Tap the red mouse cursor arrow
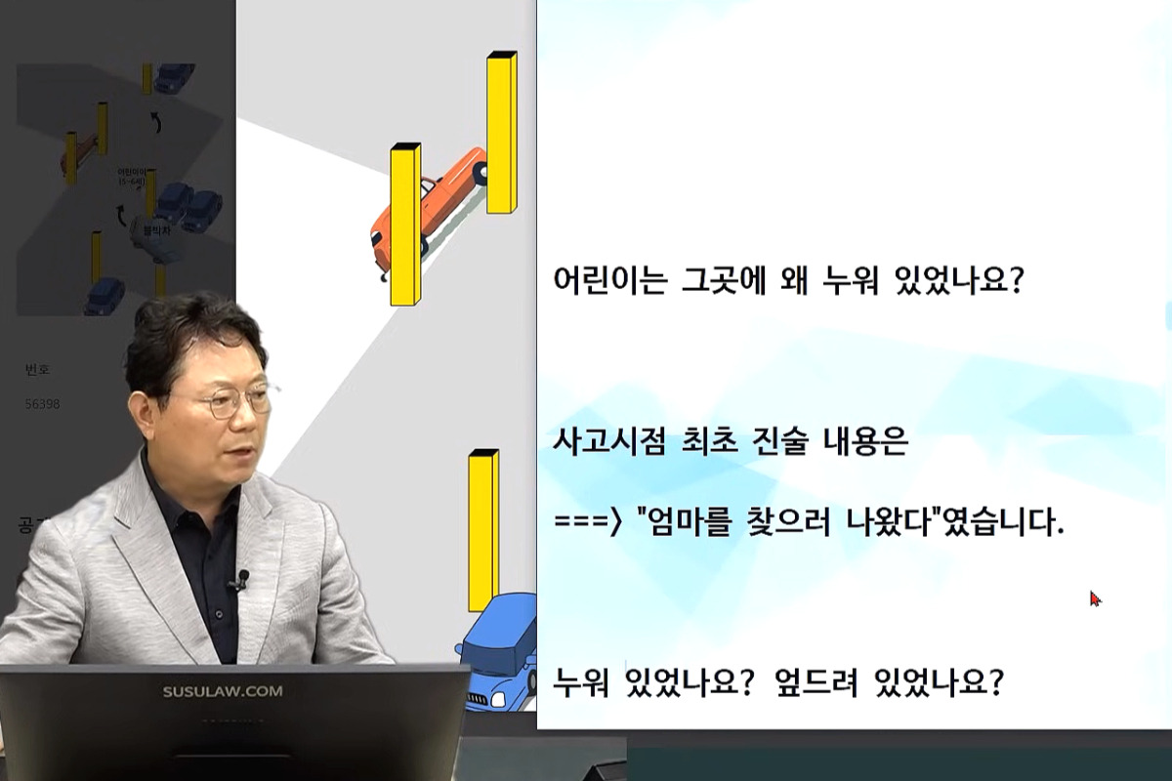point(1095,598)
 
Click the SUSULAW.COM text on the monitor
point(223,691)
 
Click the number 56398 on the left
point(43,403)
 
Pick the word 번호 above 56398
point(38,370)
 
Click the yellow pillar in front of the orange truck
point(405,225)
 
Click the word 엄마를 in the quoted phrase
point(683,524)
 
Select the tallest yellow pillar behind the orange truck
point(501,132)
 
